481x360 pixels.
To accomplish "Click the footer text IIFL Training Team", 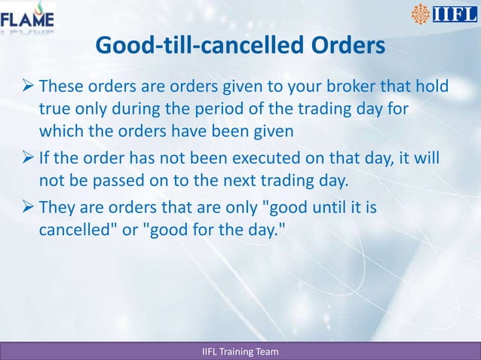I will (240, 352).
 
